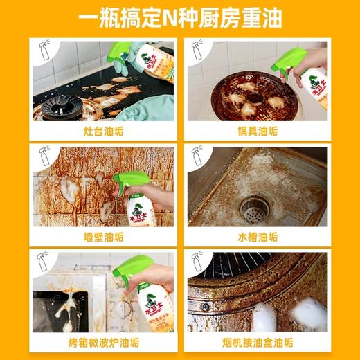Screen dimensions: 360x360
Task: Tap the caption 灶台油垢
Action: click(102, 130)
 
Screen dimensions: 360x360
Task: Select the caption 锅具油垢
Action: click(258, 130)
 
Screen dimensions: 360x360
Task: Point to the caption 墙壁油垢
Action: click(102, 236)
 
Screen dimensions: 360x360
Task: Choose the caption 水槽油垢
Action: click(258, 236)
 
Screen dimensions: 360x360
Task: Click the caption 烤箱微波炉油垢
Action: click(102, 342)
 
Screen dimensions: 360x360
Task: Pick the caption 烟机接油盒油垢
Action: click(258, 342)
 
